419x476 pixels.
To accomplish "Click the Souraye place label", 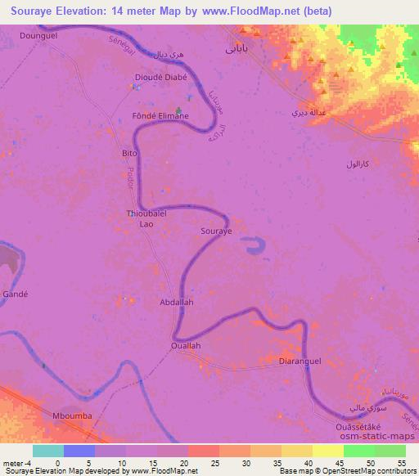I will pyautogui.click(x=217, y=231).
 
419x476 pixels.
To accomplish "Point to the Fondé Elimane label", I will pyautogui.click(x=160, y=116).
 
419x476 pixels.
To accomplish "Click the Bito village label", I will pyautogui.click(x=128, y=154).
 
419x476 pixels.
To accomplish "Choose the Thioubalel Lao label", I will pyautogui.click(x=146, y=218).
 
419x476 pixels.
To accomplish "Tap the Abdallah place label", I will pyautogui.click(x=176, y=302).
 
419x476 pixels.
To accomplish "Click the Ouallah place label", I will pyautogui.click(x=185, y=346).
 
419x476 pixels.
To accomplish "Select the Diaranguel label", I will pyautogui.click(x=300, y=361).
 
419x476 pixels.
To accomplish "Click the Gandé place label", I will pyautogui.click(x=16, y=293).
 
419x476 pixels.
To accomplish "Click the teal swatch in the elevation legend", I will pyautogui.click(x=47, y=451).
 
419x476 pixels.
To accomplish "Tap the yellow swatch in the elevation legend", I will pyautogui.click(x=327, y=451).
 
